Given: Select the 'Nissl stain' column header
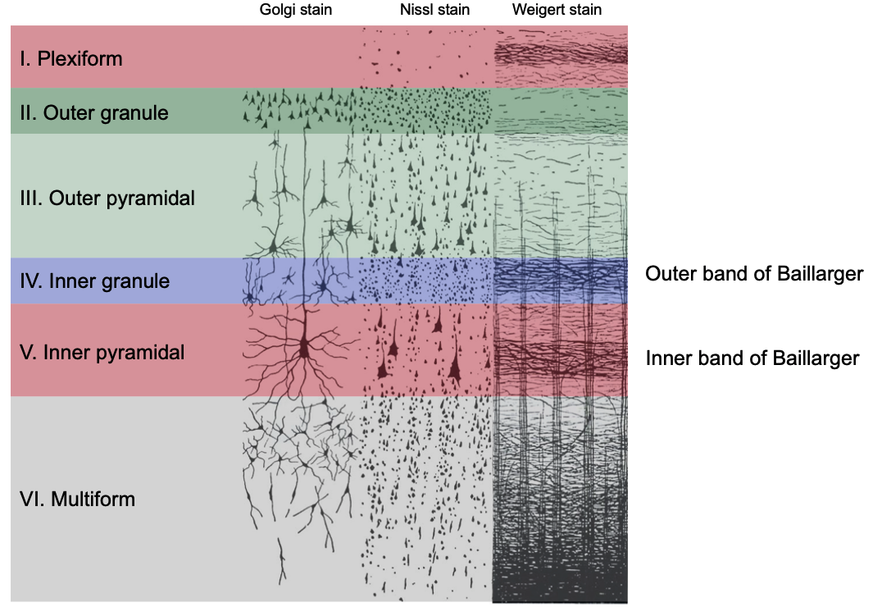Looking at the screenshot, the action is coord(425,11).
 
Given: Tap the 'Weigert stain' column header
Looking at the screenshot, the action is coord(557,11).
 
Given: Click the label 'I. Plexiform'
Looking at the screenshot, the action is coord(71,59).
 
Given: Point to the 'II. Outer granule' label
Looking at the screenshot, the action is coord(94,112).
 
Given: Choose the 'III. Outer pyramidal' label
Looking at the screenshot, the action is coord(107,199).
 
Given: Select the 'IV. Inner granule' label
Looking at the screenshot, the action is coord(94,281).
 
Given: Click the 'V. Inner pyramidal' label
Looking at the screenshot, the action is coord(102,353).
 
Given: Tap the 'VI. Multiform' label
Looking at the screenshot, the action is coord(77,499).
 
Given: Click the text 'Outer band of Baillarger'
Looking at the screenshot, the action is coord(754,274).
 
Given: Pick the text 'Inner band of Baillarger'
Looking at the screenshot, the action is coord(752,358).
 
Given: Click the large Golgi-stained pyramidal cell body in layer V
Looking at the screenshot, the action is coord(305,348).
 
